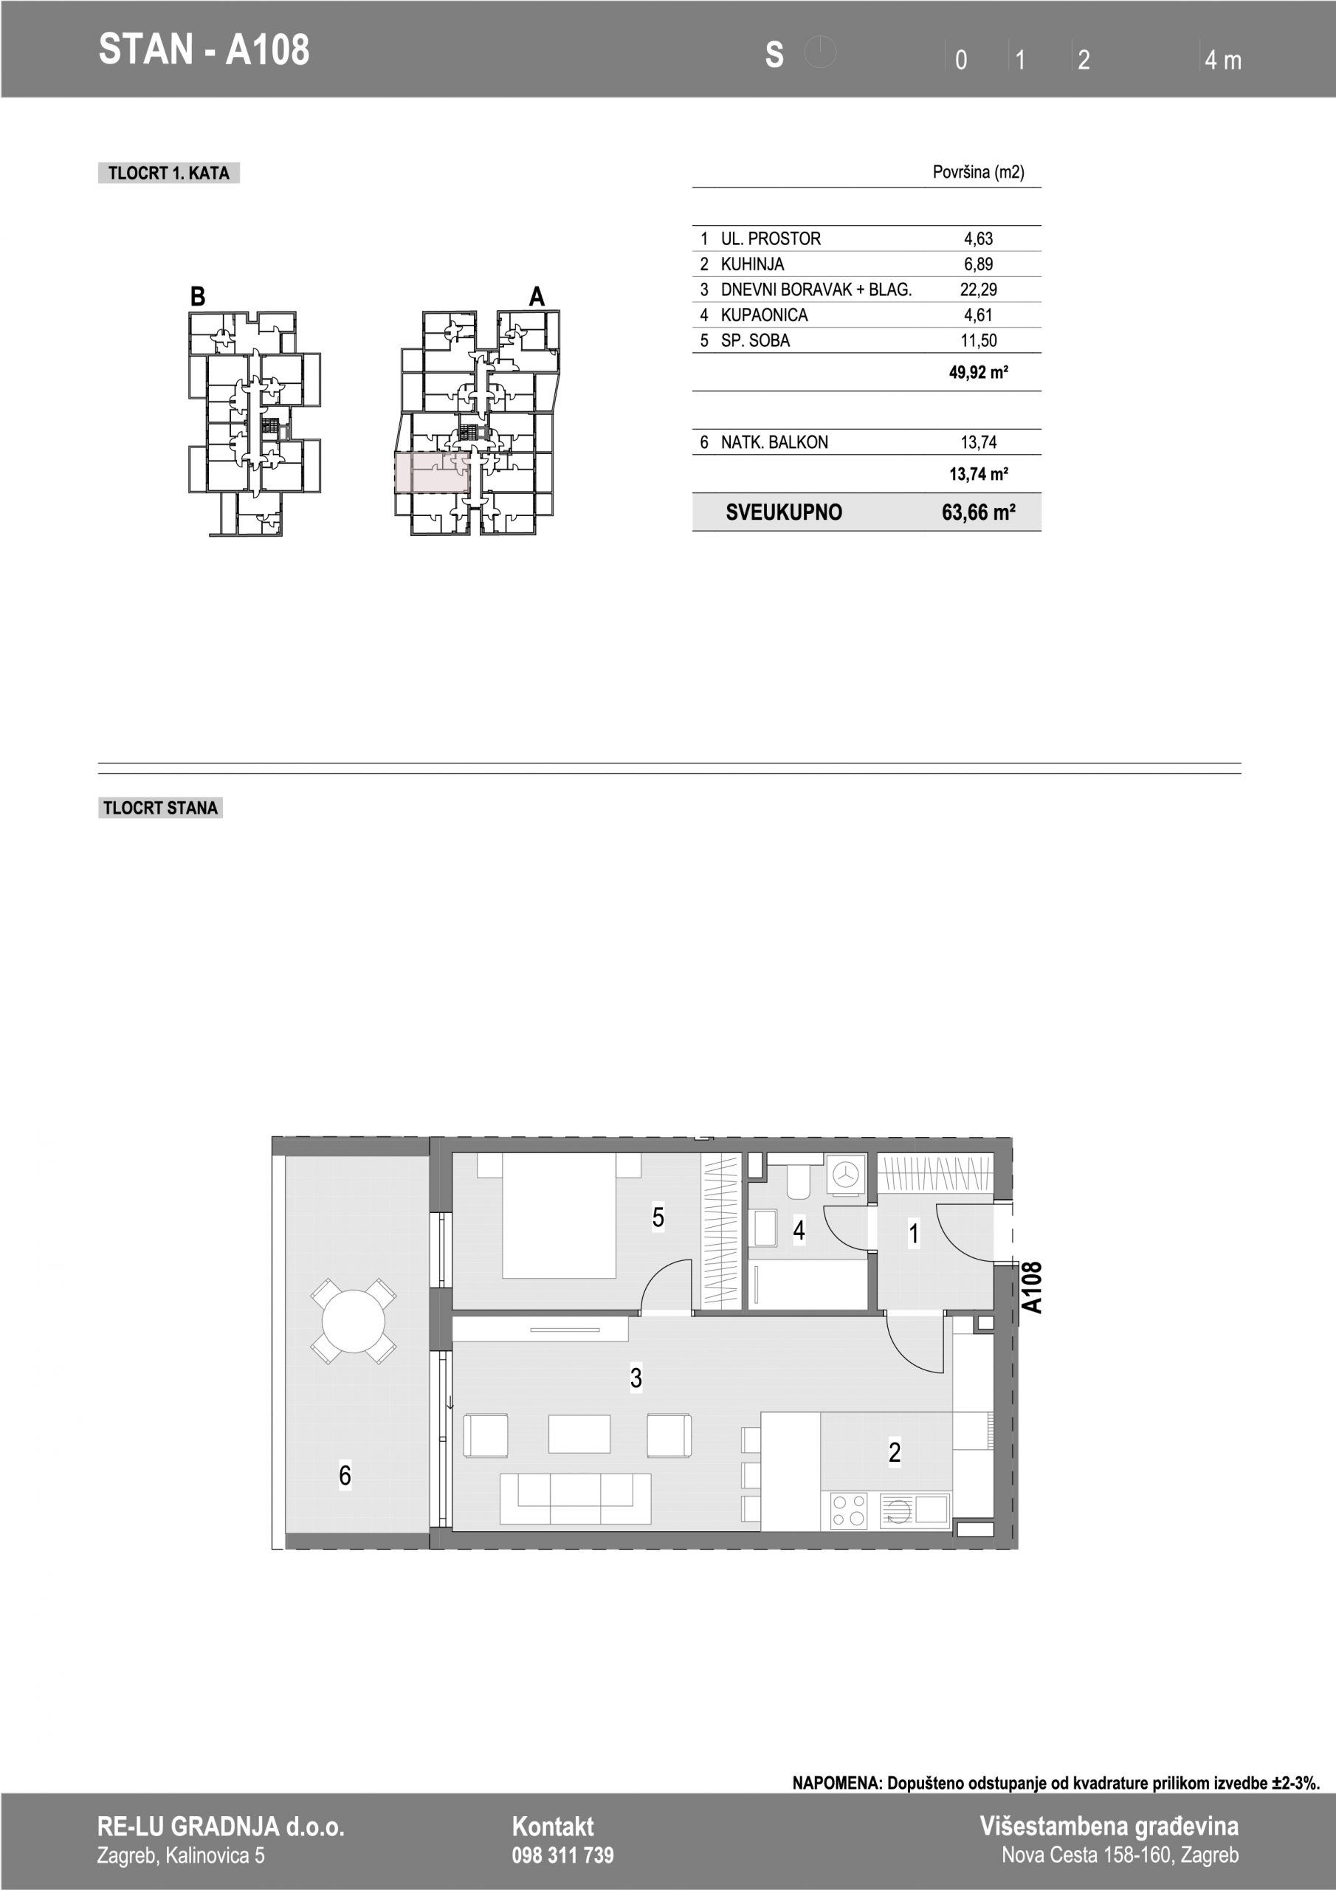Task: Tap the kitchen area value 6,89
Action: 978,264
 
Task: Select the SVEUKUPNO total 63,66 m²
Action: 978,513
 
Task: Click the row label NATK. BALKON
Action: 774,442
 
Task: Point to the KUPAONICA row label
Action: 764,315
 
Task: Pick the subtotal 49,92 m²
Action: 979,372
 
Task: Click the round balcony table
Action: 353,1322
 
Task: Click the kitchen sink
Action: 915,1511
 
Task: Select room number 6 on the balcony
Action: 345,1475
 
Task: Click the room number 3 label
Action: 636,1378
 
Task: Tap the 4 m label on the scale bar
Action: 1222,60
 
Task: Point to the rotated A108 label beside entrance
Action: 1031,1287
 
